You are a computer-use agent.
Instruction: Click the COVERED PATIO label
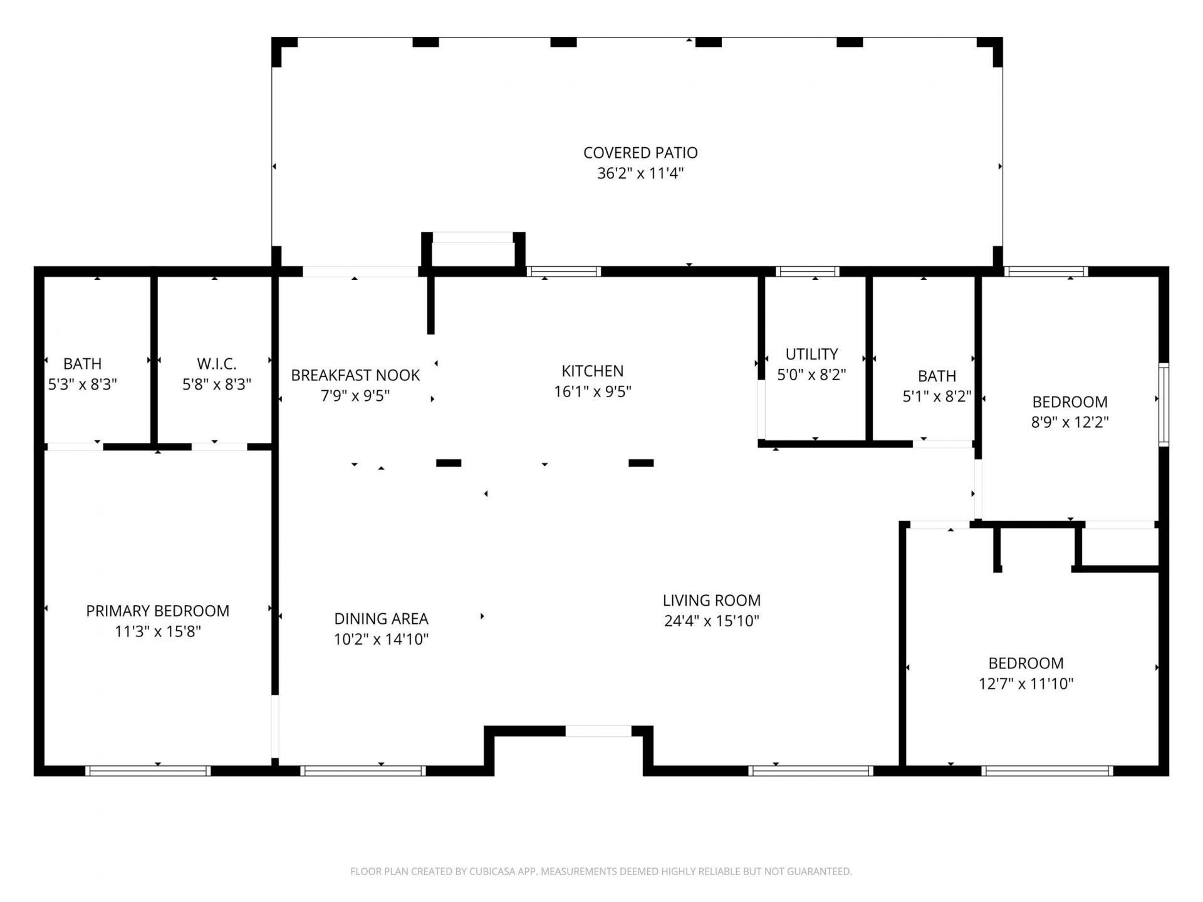click(640, 153)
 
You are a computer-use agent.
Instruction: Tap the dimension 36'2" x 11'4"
click(640, 174)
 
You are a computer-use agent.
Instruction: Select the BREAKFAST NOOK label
click(355, 375)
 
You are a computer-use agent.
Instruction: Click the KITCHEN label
click(592, 371)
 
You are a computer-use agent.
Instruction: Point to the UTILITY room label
click(811, 354)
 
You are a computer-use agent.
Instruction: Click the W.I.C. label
click(216, 364)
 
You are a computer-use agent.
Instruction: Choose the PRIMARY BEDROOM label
click(157, 611)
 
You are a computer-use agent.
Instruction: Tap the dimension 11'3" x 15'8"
click(157, 631)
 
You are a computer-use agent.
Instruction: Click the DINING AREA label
click(381, 619)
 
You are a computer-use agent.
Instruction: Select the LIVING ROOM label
click(712, 600)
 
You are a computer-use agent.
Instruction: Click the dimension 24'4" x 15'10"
click(712, 621)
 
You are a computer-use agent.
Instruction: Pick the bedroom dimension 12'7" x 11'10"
click(1026, 683)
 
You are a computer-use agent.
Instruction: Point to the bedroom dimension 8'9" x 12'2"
click(1070, 422)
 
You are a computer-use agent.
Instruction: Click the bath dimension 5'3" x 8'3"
click(82, 385)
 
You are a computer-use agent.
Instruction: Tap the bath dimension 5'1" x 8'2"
click(937, 397)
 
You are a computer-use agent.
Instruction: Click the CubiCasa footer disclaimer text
click(601, 871)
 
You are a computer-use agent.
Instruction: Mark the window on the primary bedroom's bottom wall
click(148, 770)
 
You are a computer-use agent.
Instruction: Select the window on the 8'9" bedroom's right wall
click(1164, 405)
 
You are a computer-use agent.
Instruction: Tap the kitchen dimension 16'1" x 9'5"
click(592, 391)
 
